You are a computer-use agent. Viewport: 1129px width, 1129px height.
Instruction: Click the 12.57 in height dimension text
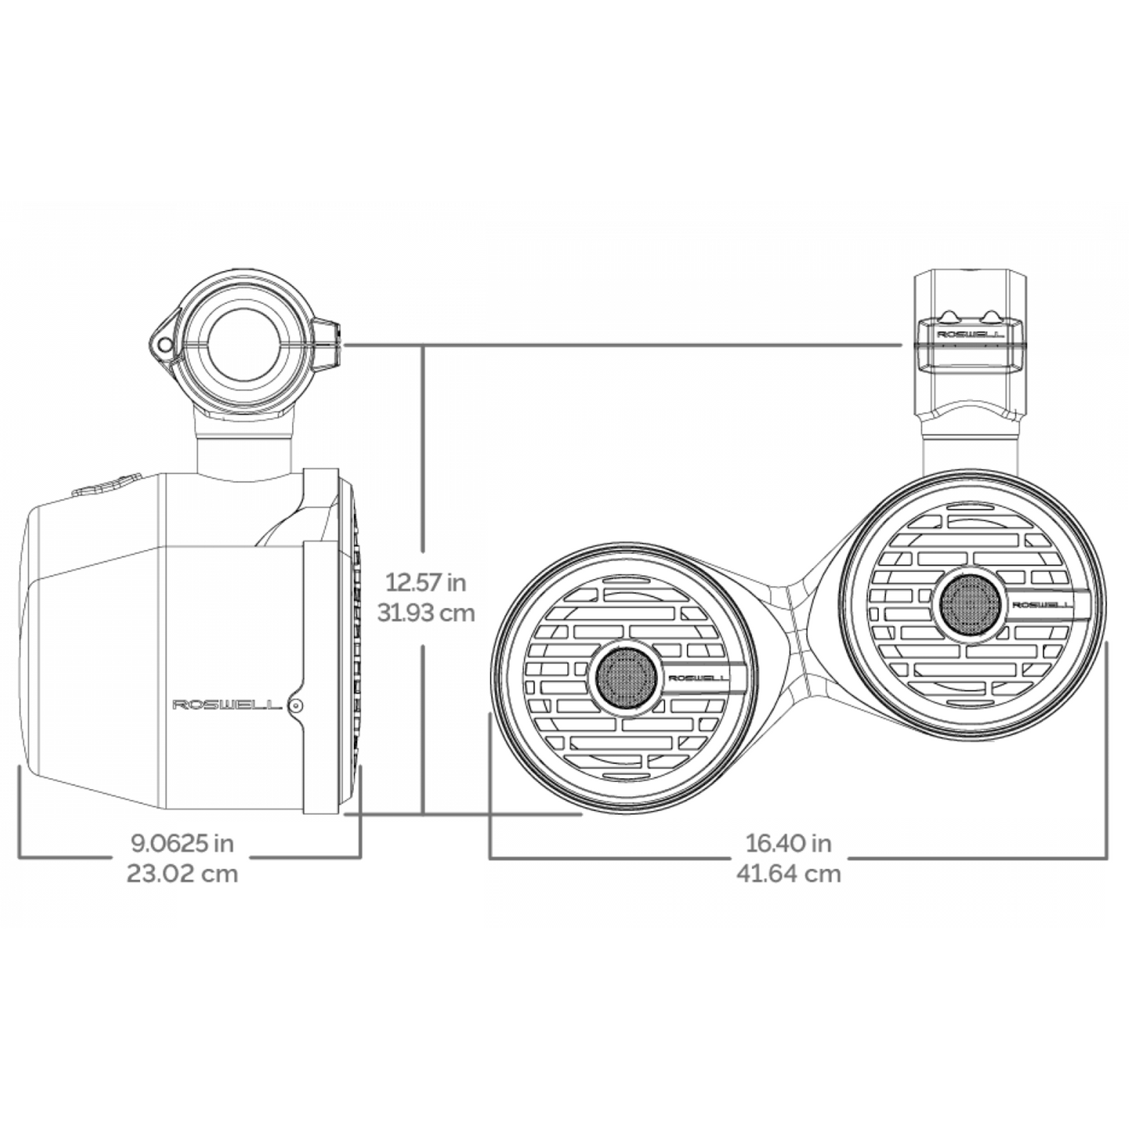(426, 582)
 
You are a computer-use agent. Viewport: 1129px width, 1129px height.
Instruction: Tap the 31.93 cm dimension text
(426, 613)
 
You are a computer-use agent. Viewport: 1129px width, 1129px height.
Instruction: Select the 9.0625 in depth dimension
(182, 843)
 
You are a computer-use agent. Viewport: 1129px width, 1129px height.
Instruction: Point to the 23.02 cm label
(182, 873)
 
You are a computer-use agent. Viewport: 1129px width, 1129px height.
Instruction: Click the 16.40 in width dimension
(788, 843)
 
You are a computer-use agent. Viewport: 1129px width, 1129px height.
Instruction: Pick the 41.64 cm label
(788, 873)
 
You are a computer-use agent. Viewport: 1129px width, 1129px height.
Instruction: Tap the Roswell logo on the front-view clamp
(969, 335)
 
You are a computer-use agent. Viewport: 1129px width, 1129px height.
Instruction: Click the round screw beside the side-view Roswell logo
(295, 706)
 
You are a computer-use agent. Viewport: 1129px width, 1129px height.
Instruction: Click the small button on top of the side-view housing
(105, 486)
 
